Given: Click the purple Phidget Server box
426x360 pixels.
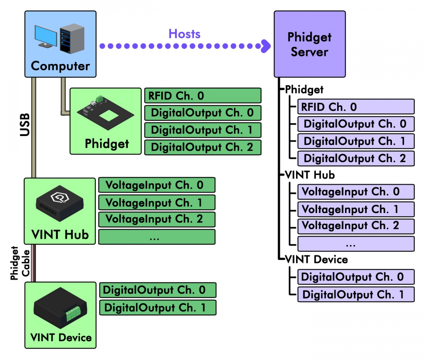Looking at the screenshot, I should click(310, 44).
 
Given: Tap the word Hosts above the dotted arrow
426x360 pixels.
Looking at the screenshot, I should click(184, 34).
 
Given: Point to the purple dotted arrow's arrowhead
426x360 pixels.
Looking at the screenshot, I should click(265, 46).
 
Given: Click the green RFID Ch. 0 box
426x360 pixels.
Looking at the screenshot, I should click(202, 96).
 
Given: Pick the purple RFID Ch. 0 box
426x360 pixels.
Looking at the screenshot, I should click(356, 107).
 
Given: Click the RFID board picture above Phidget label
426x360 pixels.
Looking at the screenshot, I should click(105, 113).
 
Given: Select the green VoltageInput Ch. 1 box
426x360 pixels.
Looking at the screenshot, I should click(157, 202).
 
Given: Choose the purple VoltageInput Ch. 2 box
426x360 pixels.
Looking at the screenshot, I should click(356, 226).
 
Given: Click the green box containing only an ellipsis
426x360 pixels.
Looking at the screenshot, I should click(157, 237).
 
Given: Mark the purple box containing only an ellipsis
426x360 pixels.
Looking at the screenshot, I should click(356, 244).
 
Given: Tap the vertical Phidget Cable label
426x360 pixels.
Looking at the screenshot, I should click(20, 263).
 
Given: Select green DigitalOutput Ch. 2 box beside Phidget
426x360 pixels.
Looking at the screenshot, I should click(202, 147).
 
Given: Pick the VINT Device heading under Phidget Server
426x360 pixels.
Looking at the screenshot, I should click(316, 260).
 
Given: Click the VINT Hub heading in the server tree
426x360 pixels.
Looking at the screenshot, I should click(310, 175).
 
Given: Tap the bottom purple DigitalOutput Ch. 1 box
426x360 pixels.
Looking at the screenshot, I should click(356, 295).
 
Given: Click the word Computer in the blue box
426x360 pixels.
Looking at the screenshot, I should click(60, 66).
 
